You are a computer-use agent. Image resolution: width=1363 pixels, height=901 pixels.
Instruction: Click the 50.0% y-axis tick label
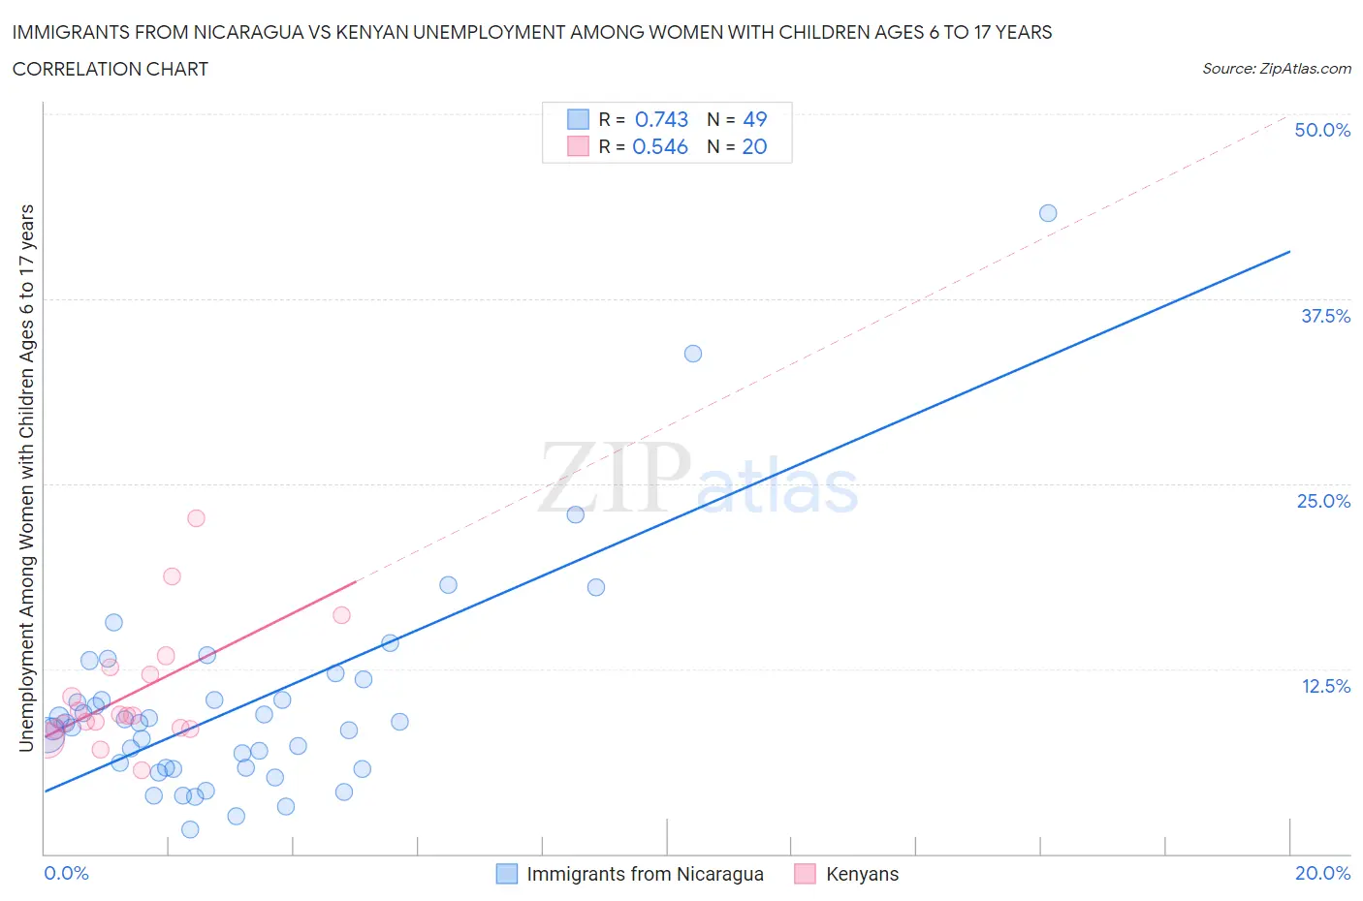pos(1322,130)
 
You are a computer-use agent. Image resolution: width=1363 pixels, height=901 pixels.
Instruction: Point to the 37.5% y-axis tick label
pos(1325,316)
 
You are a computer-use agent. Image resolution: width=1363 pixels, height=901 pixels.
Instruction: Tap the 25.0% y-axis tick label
pos(1323,501)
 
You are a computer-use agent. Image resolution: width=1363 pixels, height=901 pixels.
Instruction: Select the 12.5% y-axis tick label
pos(1325,686)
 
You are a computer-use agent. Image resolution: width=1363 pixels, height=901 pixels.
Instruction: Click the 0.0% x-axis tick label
pos(66,873)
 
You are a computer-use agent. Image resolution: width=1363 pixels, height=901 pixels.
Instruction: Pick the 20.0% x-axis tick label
pos(1322,873)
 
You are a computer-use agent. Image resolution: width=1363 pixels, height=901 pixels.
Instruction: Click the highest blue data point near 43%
pos(1048,213)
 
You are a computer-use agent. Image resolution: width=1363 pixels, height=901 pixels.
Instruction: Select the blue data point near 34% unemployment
pos(693,354)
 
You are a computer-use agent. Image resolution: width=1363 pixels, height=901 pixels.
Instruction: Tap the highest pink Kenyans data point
pos(196,518)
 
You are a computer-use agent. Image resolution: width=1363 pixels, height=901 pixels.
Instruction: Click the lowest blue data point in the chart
pos(190,829)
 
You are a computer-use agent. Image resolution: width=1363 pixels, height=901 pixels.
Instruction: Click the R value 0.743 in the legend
pos(661,119)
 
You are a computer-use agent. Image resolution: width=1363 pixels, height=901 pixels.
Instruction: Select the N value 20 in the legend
pos(754,146)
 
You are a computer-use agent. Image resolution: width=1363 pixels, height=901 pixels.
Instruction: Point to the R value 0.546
pos(660,146)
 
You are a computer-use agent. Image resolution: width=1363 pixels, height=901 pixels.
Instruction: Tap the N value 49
pos(754,119)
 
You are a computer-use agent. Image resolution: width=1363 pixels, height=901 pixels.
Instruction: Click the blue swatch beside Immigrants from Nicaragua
pos(507,874)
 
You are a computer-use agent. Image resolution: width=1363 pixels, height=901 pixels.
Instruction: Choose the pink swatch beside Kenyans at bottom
pos(805,874)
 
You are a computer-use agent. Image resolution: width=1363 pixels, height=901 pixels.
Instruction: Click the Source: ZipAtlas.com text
pos(1276,68)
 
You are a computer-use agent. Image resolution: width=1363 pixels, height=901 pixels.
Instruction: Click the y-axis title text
pos(26,478)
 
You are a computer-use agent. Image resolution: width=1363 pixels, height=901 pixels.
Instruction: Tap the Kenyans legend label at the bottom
pos(862,874)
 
